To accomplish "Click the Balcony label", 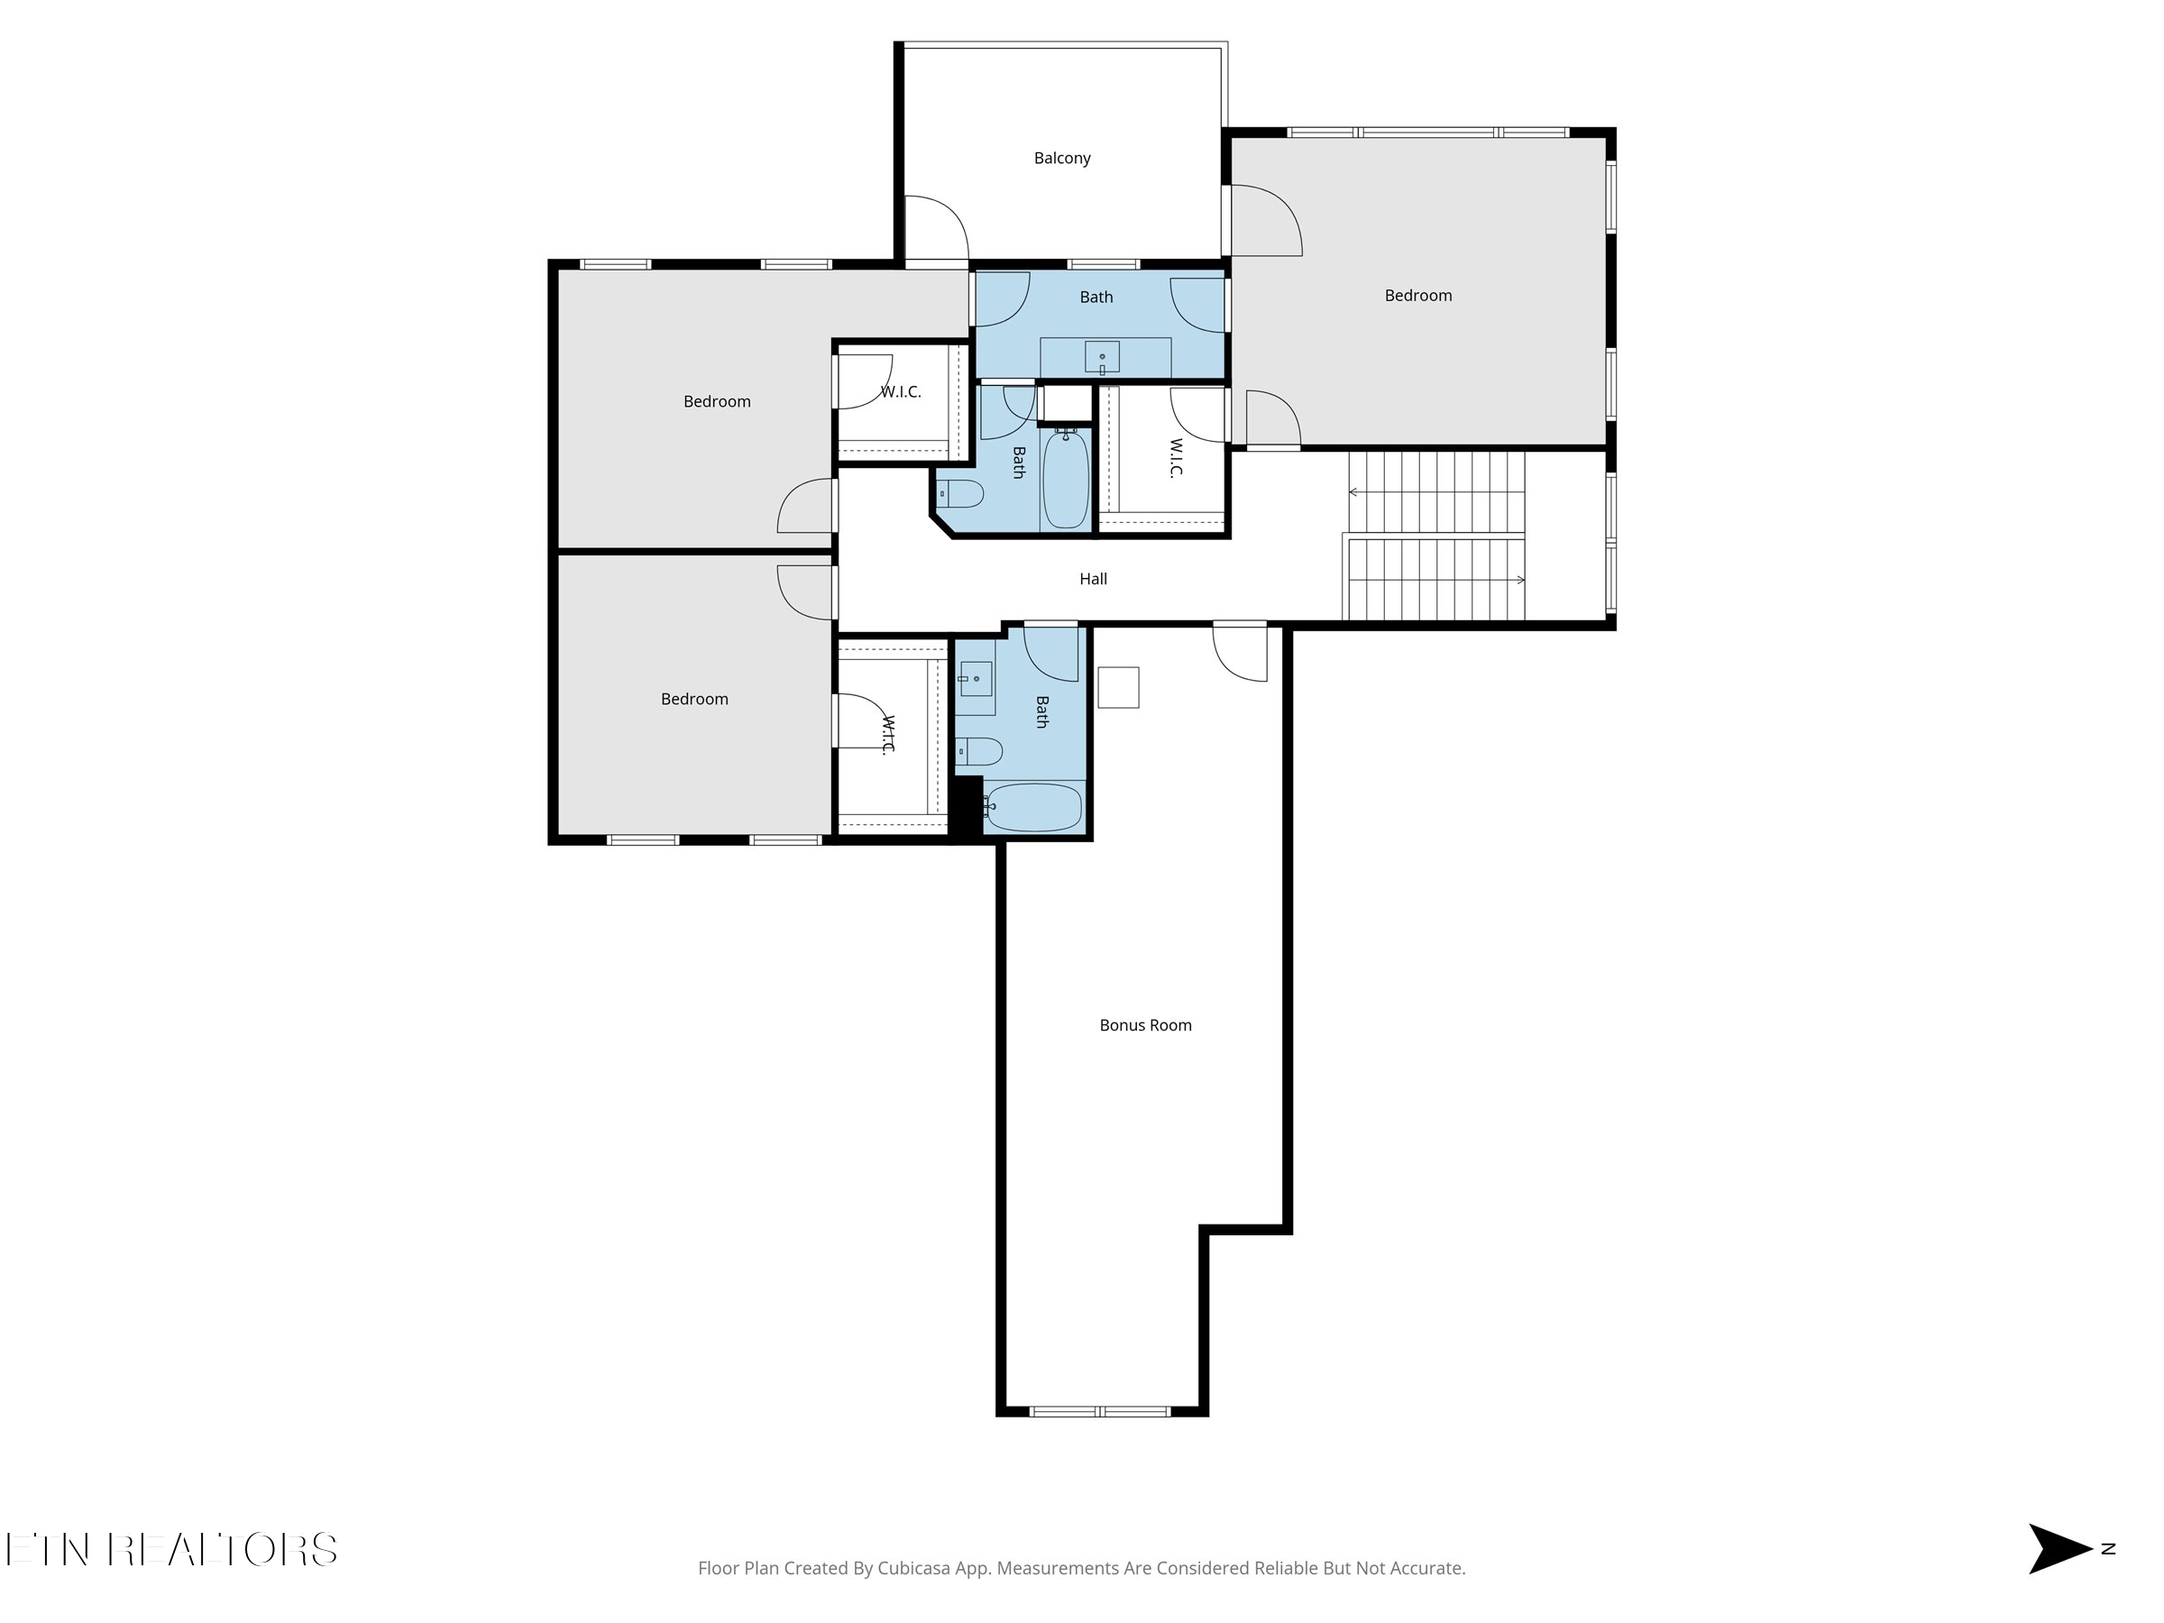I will tap(1061, 158).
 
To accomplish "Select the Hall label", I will tap(1093, 579).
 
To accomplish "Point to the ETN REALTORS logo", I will tap(171, 1550).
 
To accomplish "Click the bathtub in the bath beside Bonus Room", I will tap(1033, 807).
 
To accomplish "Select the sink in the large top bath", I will tap(1103, 357).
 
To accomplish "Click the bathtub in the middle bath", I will tap(1066, 481).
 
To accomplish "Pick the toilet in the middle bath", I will tap(959, 494).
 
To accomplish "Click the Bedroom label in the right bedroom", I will tap(1417, 296).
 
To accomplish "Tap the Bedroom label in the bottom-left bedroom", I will tap(693, 699).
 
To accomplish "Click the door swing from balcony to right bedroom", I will tap(1265, 221).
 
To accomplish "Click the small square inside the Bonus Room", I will tap(1118, 687).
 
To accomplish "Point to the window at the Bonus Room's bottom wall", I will tap(1101, 1411).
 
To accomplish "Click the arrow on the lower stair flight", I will tap(1519, 580).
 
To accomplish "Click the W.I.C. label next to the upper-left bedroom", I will tap(900, 391).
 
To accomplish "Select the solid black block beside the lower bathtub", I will tap(967, 805).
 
